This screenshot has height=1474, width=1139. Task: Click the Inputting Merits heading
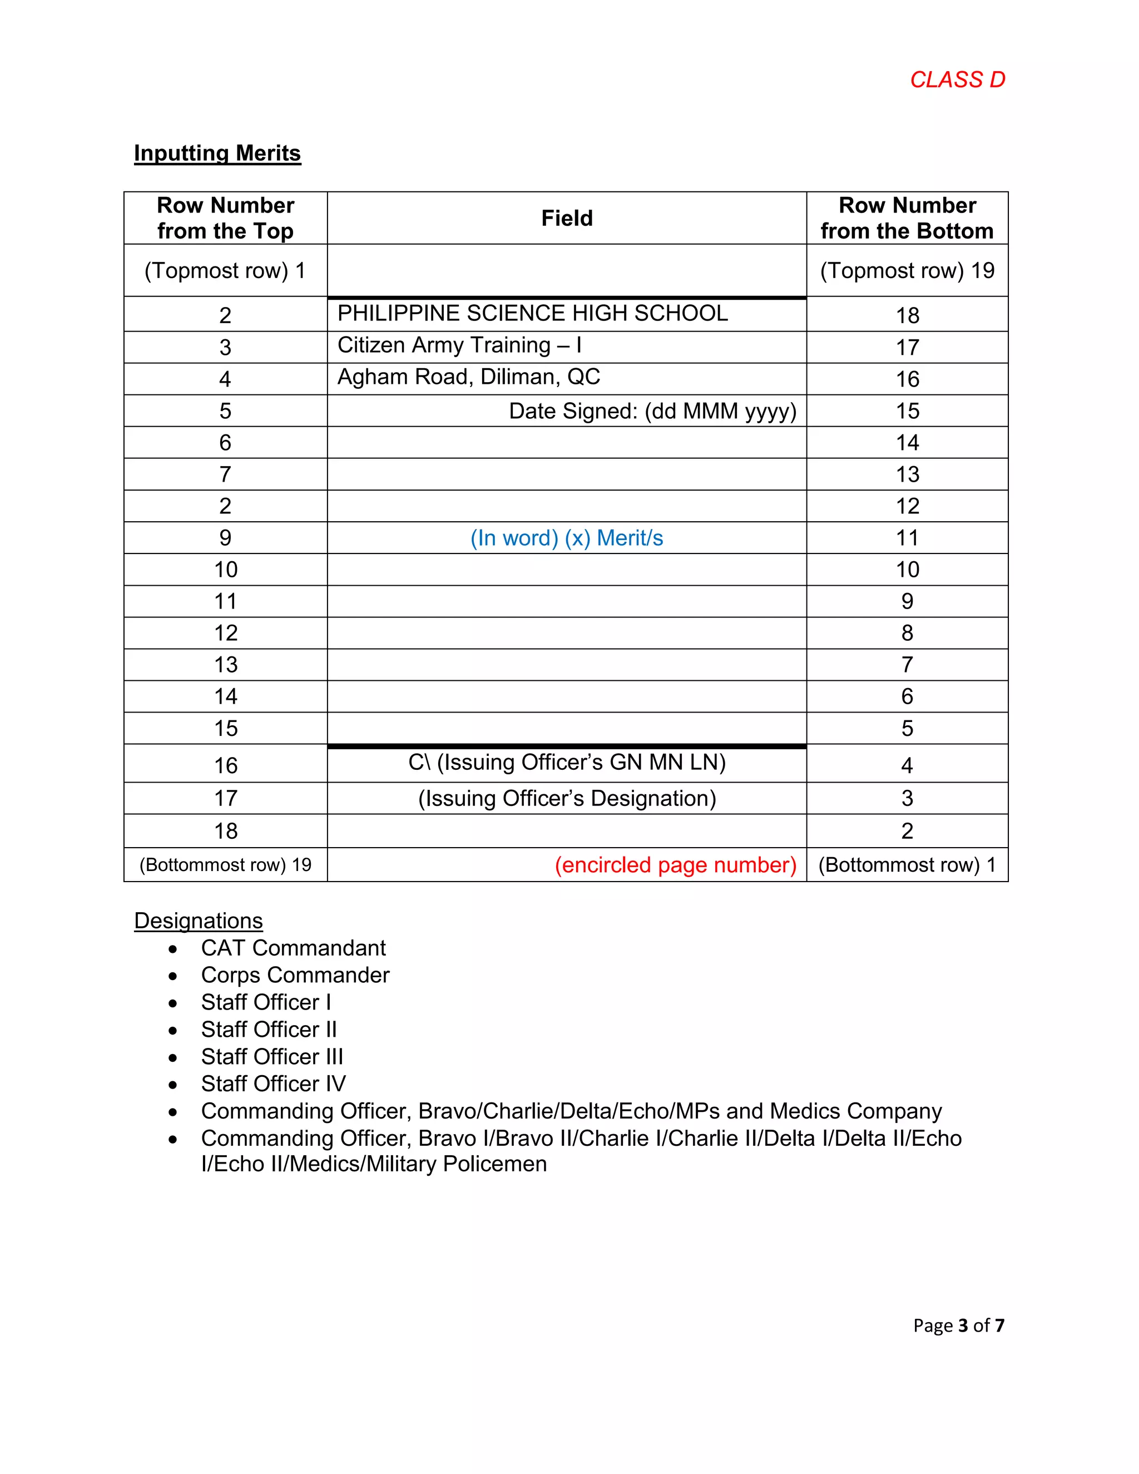pos(217,153)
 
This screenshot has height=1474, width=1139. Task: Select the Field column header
pos(567,218)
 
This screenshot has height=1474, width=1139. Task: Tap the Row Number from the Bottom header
pos(907,218)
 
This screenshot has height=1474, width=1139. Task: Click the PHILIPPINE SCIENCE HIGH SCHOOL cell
pos(532,313)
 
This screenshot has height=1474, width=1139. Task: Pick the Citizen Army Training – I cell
pos(459,345)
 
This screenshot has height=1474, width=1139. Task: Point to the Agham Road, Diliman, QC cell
pos(468,377)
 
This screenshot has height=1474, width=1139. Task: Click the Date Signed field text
pos(652,411)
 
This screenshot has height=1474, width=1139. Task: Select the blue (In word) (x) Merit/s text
pos(567,538)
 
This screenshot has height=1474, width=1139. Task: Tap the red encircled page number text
pos(675,865)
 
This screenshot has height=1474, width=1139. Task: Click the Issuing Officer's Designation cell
pos(567,798)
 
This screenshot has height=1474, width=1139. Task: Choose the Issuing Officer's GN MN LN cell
pos(567,763)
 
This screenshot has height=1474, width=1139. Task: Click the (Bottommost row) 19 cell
pos(225,865)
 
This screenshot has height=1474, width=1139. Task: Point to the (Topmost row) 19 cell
pos(907,271)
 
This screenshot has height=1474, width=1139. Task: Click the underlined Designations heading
pos(199,921)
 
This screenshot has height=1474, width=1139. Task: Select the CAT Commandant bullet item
pos(293,948)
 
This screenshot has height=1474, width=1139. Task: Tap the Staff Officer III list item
pos(272,1057)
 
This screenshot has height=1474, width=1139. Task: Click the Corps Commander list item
pos(295,975)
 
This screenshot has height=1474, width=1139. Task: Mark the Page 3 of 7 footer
pos(958,1325)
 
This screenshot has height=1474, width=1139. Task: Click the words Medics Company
pos(855,1111)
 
